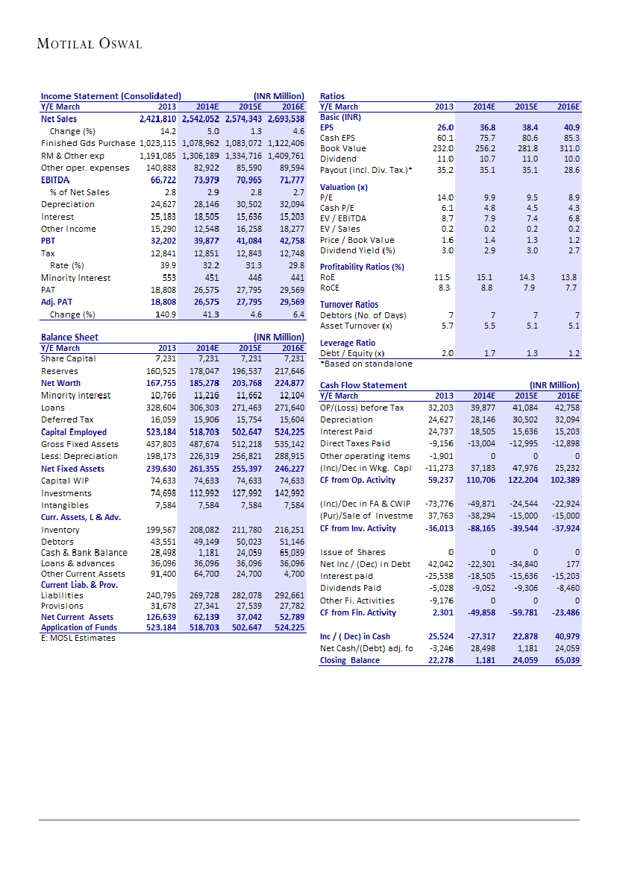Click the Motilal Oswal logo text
point(90,44)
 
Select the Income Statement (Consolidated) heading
point(110,96)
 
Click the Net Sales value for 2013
point(158,118)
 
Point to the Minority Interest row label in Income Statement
point(75,278)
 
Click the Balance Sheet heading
point(69,338)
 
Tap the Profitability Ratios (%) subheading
point(362,267)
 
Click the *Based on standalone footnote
point(366,364)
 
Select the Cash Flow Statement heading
point(363,385)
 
